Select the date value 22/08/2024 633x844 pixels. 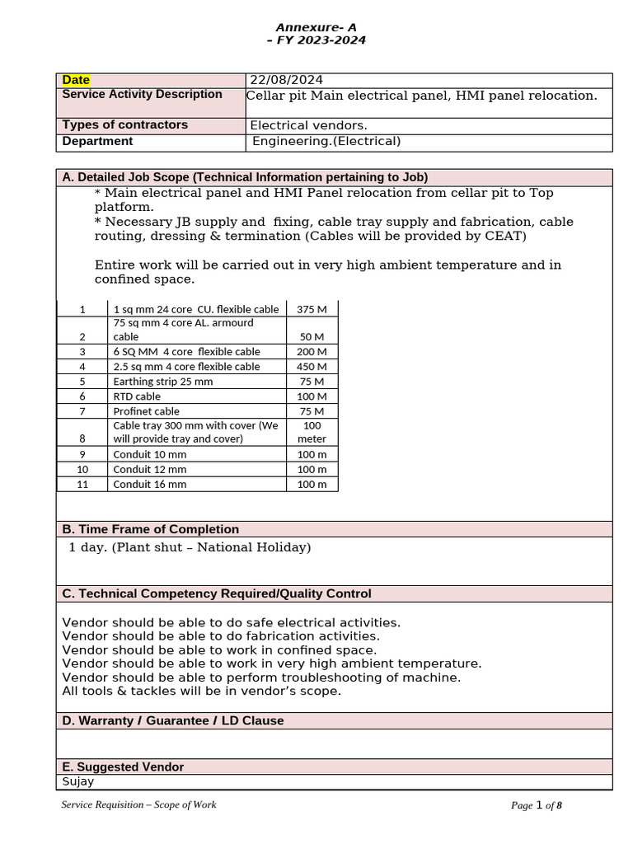(x=287, y=80)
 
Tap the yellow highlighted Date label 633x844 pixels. (x=77, y=80)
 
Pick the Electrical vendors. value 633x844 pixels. (x=309, y=125)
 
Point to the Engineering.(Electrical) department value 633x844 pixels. (x=326, y=142)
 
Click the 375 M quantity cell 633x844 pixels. (x=312, y=309)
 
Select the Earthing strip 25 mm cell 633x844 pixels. (x=162, y=382)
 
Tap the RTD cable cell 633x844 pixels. (x=137, y=396)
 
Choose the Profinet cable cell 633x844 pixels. (x=146, y=411)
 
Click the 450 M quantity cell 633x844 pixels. (x=312, y=367)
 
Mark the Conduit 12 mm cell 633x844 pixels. (x=149, y=470)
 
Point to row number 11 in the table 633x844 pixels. (x=82, y=485)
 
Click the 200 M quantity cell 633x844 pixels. (x=312, y=352)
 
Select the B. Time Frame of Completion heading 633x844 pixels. (x=151, y=529)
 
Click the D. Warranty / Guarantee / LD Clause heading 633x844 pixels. (x=173, y=720)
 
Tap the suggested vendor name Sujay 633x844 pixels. (x=78, y=781)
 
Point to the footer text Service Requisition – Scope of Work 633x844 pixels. (x=139, y=804)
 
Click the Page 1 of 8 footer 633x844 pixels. (x=536, y=805)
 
